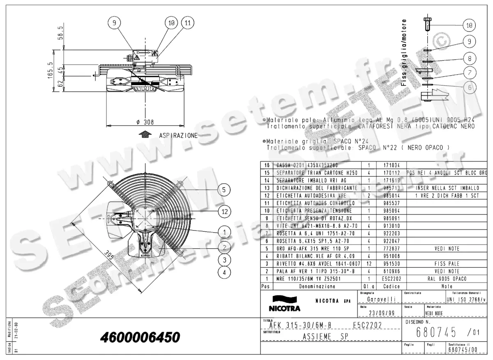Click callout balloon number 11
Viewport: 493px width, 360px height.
[187, 23]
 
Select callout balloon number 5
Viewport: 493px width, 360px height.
[224, 189]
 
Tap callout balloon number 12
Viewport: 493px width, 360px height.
[224, 212]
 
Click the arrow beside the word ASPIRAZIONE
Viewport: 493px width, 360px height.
[144, 135]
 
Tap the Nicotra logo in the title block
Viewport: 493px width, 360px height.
[284, 305]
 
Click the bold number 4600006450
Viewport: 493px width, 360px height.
[140, 337]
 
